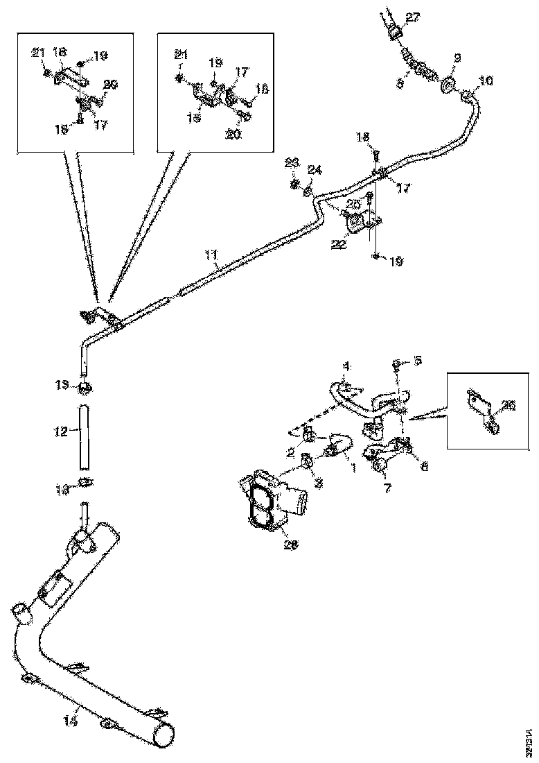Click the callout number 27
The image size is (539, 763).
(412, 18)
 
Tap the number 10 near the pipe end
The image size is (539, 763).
(486, 82)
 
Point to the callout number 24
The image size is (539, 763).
(315, 169)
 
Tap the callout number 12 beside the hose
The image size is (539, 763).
(60, 431)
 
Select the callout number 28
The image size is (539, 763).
(292, 545)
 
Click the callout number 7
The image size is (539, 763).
(387, 488)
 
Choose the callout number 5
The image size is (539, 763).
(417, 360)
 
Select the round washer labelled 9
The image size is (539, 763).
(447, 87)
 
